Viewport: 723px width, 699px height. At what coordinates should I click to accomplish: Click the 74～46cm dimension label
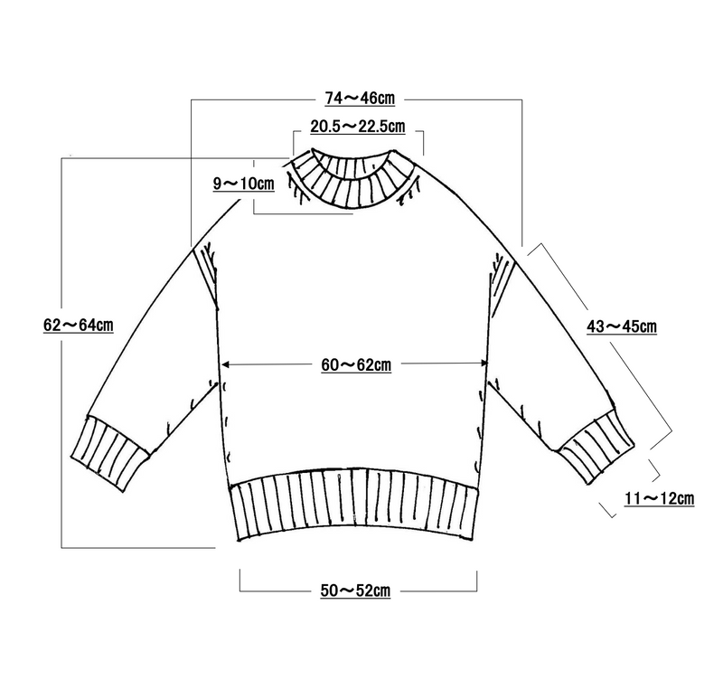pos(360,99)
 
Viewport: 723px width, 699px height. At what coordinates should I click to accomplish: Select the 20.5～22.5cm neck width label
pos(357,126)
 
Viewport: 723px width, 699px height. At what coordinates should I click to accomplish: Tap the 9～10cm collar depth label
pos(243,184)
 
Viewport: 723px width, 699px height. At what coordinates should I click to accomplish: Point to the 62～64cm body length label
pos(79,325)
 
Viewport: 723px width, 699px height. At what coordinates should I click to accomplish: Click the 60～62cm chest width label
pos(356,365)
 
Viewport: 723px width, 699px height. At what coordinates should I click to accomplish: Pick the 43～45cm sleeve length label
pos(622,326)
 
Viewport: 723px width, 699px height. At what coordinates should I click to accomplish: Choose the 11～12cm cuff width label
pos(660,498)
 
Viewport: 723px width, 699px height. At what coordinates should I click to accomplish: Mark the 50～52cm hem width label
pos(355,590)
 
